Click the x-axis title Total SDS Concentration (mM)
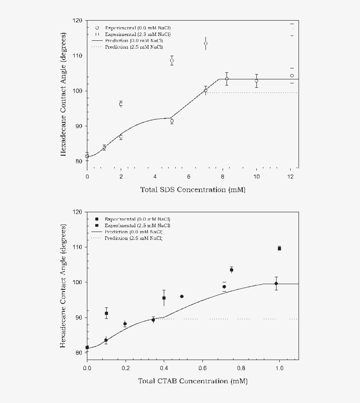[x=192, y=190]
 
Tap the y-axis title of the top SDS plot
[x=64, y=94]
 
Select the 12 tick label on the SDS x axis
[x=290, y=177]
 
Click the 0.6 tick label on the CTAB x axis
[x=202, y=368]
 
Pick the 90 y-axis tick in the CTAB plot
[x=79, y=317]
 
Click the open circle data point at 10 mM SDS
[x=256, y=81]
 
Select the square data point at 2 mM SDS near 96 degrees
[x=121, y=103]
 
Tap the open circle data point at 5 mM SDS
[x=172, y=121]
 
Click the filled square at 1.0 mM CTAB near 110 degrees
[x=279, y=248]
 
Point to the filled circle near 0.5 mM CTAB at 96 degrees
[x=182, y=296]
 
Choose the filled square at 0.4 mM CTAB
[x=164, y=298]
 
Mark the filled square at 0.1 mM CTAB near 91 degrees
[x=106, y=313]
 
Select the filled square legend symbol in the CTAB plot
[x=97, y=225]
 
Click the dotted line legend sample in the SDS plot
[x=97, y=46]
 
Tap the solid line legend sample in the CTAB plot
[x=97, y=232]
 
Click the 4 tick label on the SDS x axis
[x=155, y=177]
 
